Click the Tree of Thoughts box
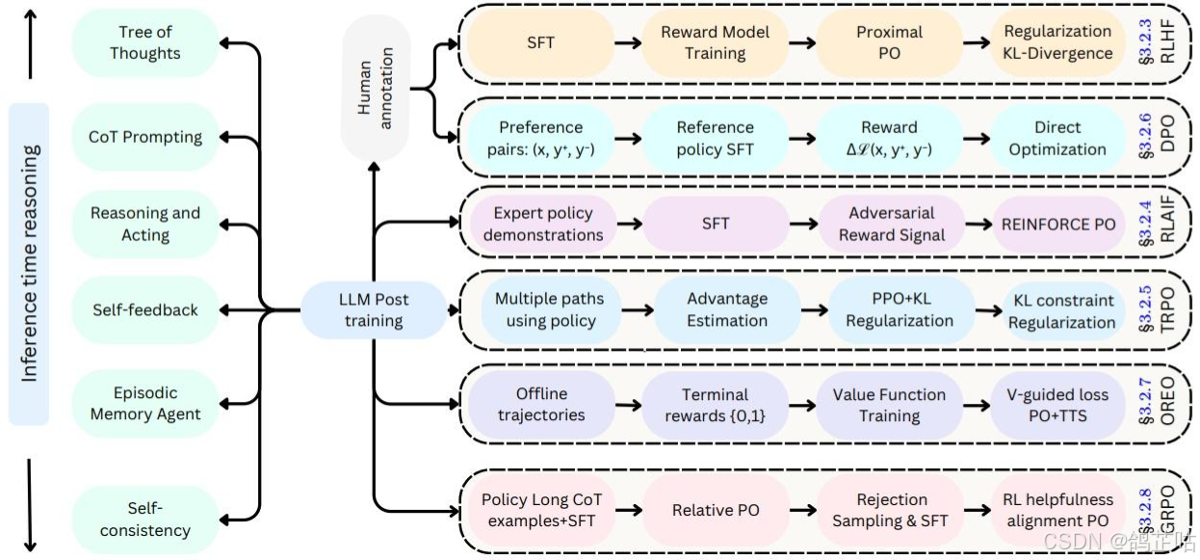[x=144, y=43]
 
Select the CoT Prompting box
[x=144, y=137]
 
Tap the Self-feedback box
[x=144, y=310]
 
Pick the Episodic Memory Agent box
[x=144, y=404]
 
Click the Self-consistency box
[x=144, y=519]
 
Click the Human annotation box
[x=377, y=89]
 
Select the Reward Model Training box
[x=715, y=42]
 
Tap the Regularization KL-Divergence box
[x=1057, y=42]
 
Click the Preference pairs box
[x=540, y=138]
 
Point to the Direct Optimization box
[x=1057, y=138]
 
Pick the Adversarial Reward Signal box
[x=891, y=224]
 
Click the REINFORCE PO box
[x=1057, y=224]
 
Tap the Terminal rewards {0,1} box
[x=715, y=405]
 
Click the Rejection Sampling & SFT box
[x=891, y=510]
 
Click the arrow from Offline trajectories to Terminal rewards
[x=628, y=405]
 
